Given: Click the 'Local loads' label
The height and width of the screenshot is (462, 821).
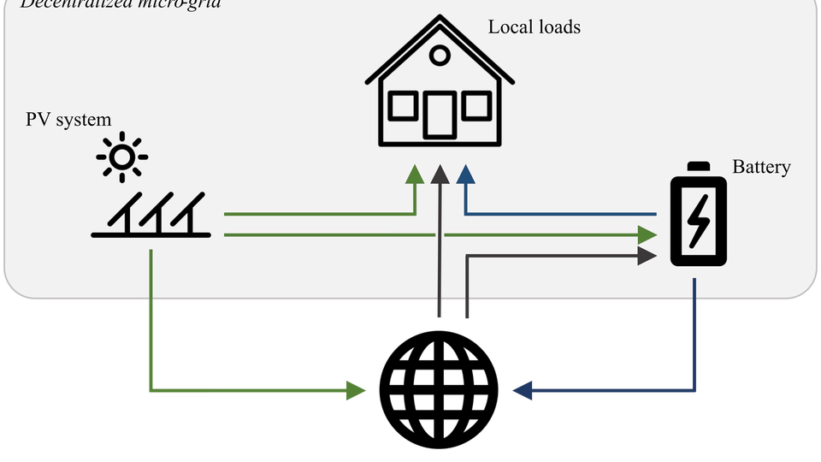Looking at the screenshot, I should coord(534,27).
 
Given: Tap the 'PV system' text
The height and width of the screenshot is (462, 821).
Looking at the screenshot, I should coord(68,120).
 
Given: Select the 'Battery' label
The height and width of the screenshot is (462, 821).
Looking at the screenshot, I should coord(761,167).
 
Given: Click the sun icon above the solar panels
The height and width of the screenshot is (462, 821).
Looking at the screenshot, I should coord(121,157).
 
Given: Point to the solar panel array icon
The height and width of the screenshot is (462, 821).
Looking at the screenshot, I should coord(151,216).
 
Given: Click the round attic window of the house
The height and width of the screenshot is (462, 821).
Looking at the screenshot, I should coord(439,56).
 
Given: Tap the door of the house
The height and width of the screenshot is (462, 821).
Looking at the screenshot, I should coord(440,115).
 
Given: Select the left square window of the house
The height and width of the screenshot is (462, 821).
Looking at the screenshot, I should coord(402,107).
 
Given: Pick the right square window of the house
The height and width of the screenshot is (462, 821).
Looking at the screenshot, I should coord(475,107).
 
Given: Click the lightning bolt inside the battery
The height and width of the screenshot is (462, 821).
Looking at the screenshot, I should coord(698,220).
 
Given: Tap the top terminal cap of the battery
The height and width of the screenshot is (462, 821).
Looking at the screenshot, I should coord(699,166).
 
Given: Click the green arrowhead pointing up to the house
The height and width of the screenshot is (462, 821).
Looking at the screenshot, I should coord(415,174).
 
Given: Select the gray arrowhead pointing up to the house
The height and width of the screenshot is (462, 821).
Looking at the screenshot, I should coord(440,174).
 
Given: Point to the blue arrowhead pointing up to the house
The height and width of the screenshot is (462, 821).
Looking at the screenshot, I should coord(465,174).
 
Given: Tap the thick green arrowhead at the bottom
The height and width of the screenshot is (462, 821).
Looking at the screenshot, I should coord(356,390).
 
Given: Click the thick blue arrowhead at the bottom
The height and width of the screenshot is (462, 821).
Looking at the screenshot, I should coord(522,391).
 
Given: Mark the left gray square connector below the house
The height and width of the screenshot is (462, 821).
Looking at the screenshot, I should coord(438,311).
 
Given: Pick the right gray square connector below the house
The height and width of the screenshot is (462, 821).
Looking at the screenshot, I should coord(465,311).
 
